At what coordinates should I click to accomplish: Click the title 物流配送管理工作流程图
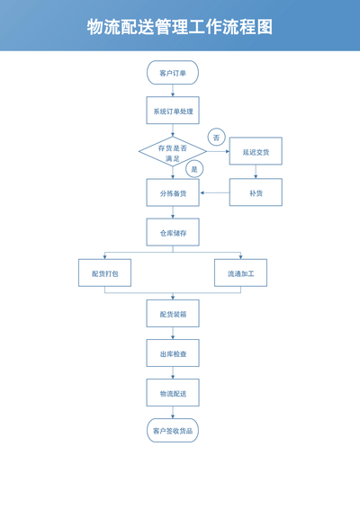point(180,27)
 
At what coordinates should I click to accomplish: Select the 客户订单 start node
point(173,73)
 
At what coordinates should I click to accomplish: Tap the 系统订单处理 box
point(173,111)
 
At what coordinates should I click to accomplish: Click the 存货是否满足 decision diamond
point(173,152)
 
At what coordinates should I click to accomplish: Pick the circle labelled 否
point(216,138)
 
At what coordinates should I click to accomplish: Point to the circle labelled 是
point(194,169)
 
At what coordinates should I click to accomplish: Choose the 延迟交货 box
point(256,151)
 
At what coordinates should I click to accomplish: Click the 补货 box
point(256,192)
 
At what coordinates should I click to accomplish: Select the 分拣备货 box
point(173,192)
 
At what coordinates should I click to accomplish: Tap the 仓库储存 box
point(173,232)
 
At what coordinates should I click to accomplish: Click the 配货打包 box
point(104,273)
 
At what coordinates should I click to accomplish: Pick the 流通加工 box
point(241,273)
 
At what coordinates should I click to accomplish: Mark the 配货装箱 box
point(173,313)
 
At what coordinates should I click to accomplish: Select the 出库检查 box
point(173,353)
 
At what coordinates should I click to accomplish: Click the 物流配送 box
point(173,393)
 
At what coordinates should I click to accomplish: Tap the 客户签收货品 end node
point(173,431)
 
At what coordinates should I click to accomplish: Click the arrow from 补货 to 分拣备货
point(215,192)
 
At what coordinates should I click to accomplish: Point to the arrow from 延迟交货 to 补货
point(256,172)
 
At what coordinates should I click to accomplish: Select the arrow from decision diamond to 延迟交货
point(218,152)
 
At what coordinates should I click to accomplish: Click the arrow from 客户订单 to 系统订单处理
point(173,91)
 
